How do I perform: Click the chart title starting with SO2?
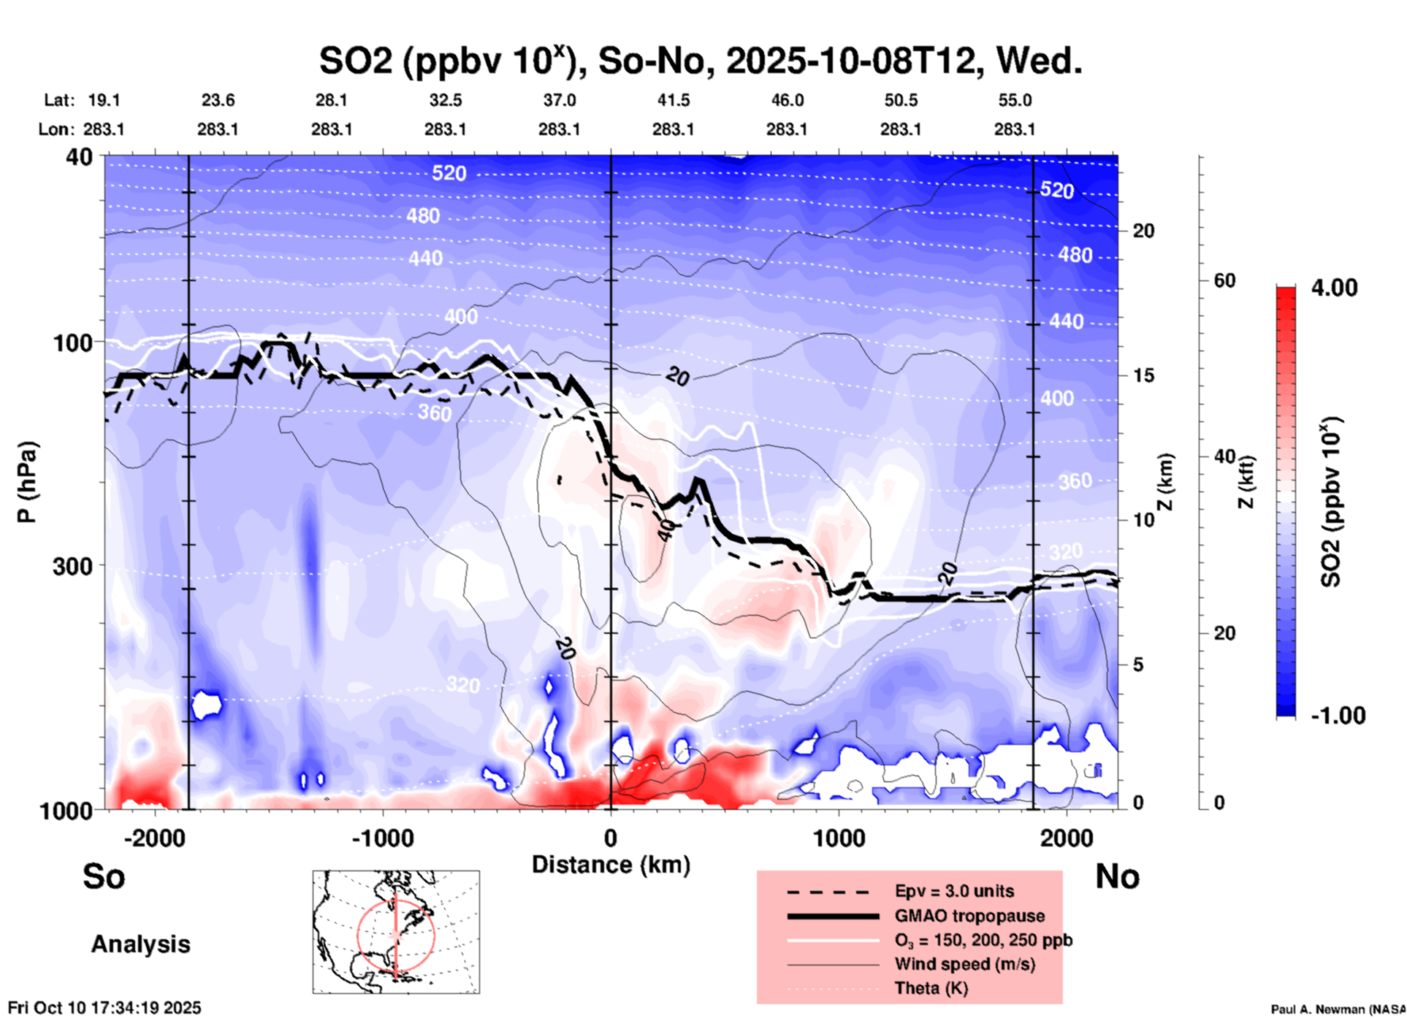tap(700, 61)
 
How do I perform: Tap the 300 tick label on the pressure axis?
tap(72, 566)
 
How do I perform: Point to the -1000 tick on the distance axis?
tap(383, 838)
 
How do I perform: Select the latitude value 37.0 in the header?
tap(559, 100)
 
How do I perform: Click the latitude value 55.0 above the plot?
tap(1015, 100)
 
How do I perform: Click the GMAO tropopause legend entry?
tap(969, 916)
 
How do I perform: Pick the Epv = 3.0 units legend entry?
tap(954, 891)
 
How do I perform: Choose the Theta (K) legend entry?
tap(931, 988)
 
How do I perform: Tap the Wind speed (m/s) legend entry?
tap(964, 964)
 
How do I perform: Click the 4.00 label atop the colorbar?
tap(1334, 288)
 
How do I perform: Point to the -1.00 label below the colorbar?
tap(1338, 716)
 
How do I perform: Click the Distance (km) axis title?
tap(611, 865)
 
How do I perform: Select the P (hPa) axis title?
tap(27, 482)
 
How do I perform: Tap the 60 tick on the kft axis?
tap(1224, 281)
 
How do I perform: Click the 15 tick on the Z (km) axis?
tap(1143, 375)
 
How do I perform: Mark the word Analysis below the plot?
tap(140, 944)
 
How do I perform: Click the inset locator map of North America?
tap(396, 931)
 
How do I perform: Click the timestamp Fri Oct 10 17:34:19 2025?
tap(104, 1008)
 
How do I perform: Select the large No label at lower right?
tap(1117, 876)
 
